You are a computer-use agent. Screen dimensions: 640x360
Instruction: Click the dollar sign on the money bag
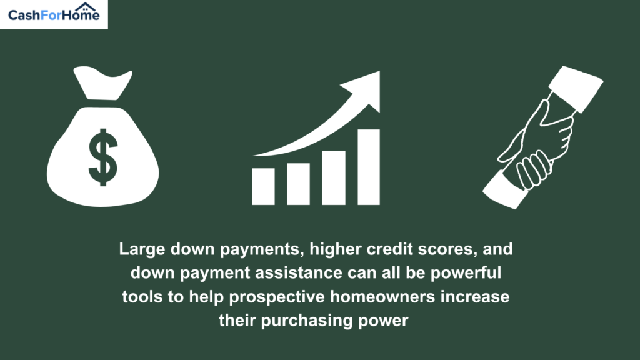pyautogui.click(x=103, y=157)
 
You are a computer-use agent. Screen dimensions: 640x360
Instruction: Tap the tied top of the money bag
pyautogui.click(x=102, y=83)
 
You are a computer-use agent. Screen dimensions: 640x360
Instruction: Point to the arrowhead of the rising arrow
pyautogui.click(x=364, y=91)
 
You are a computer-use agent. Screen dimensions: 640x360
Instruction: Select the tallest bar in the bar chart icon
pyautogui.click(x=369, y=167)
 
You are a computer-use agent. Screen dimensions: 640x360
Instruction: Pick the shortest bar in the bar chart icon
pyautogui.click(x=263, y=186)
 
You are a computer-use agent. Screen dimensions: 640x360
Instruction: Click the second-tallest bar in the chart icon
pyautogui.click(x=334, y=178)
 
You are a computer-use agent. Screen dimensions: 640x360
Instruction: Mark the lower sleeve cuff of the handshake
pyautogui.click(x=506, y=190)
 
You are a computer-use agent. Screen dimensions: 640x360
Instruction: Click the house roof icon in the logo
pyautogui.click(x=85, y=7)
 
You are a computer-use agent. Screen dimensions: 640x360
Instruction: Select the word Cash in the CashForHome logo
pyautogui.click(x=24, y=16)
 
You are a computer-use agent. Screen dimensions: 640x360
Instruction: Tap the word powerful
pyautogui.click(x=466, y=273)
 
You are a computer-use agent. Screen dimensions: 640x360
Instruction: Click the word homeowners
pyautogui.click(x=382, y=297)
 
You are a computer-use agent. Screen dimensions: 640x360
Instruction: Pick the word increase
pyautogui.click(x=475, y=297)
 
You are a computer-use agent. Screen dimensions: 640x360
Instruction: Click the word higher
pyautogui.click(x=336, y=249)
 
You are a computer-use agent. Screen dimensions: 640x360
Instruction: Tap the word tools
pyautogui.click(x=142, y=297)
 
